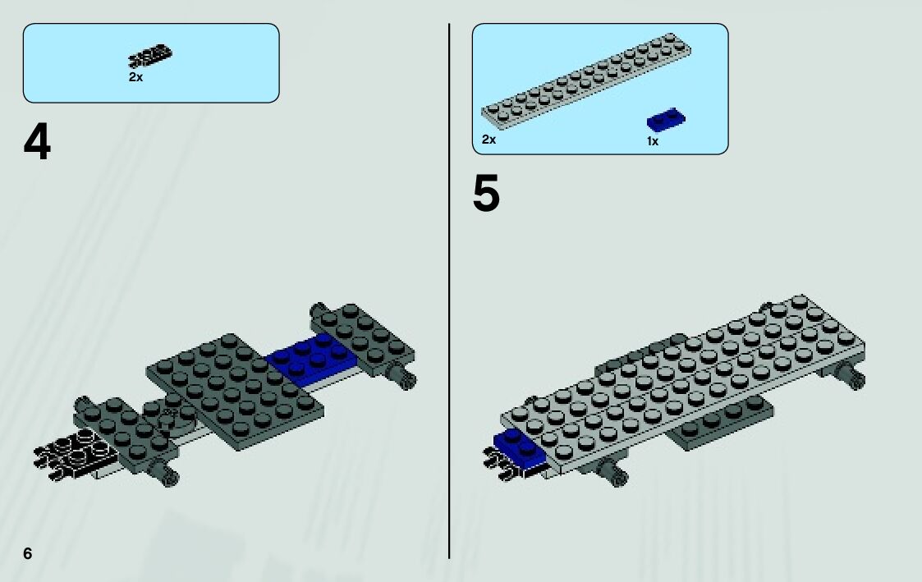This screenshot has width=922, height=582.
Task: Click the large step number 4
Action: (x=37, y=143)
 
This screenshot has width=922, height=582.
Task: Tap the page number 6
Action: (x=28, y=553)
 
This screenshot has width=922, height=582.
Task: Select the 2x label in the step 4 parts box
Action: (x=135, y=77)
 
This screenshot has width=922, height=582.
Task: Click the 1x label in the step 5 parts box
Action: (x=653, y=141)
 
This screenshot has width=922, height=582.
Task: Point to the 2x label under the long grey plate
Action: (x=489, y=140)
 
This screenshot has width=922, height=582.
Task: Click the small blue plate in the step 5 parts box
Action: (x=666, y=120)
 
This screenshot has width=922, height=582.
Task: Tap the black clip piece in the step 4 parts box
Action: (x=150, y=57)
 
